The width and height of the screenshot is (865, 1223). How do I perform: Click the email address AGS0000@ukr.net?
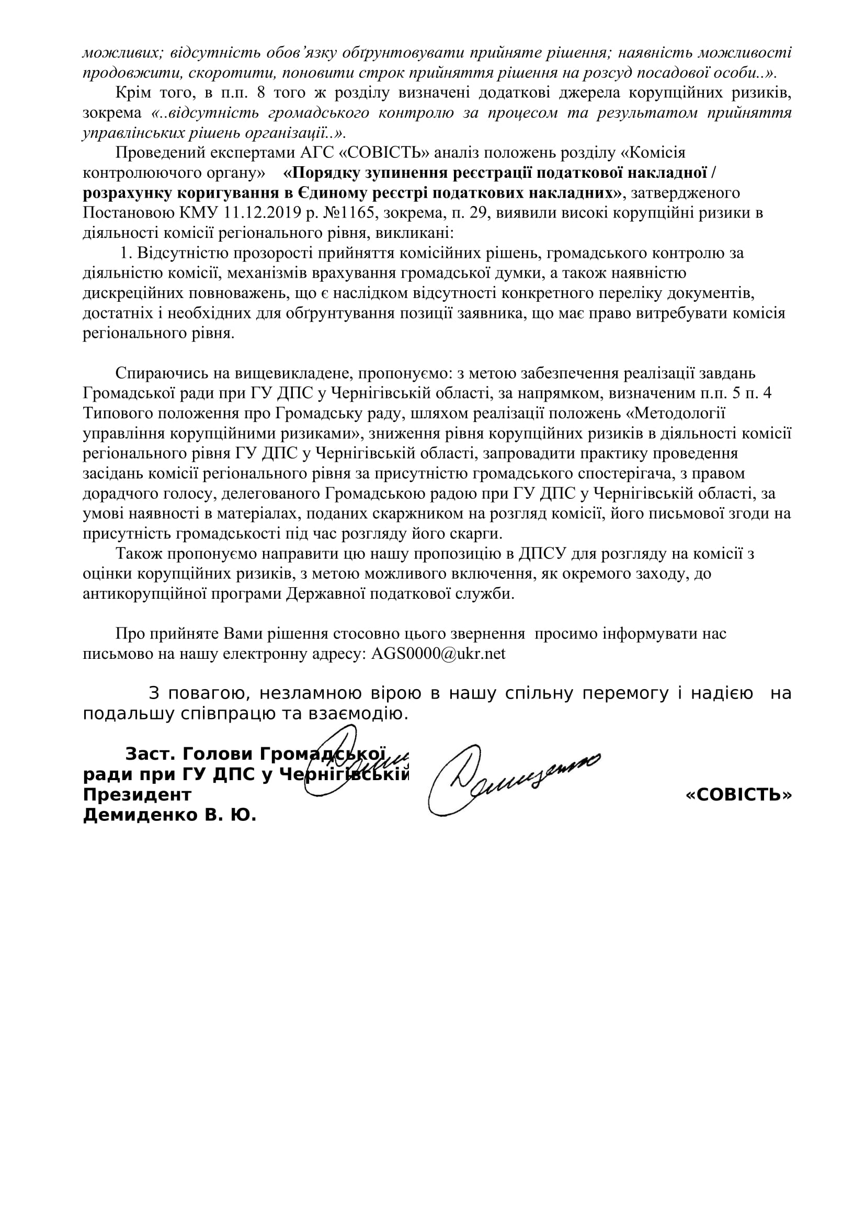pos(438,654)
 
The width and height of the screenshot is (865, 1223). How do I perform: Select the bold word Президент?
pos(137,795)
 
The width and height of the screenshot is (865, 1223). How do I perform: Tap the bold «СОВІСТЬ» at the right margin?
pos(739,795)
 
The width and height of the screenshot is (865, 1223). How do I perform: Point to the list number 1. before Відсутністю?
pos(127,253)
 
